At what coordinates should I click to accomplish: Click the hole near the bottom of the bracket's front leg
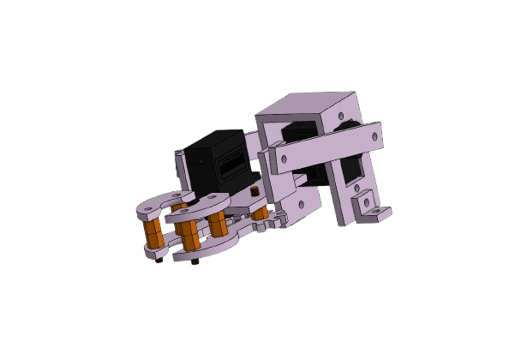tap(302, 201)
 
